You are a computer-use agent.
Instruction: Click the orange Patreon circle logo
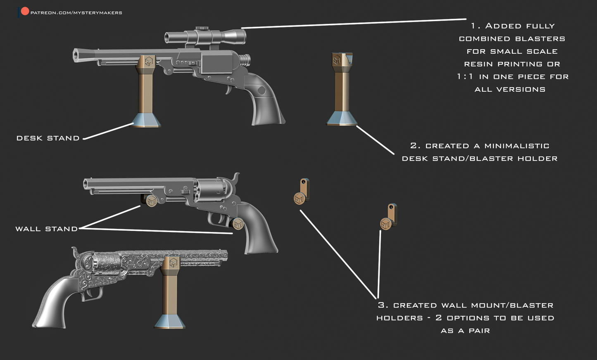(25, 11)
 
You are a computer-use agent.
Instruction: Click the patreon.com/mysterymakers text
(76, 13)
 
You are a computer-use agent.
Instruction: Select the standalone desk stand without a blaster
(342, 89)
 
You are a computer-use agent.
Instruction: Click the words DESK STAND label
(48, 138)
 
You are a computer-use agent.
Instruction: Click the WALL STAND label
(46, 229)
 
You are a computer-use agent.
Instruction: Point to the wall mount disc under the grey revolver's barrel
(152, 201)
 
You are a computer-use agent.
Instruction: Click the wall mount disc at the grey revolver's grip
(238, 224)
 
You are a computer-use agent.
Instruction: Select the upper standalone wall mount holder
(302, 192)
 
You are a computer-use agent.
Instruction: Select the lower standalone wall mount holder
(388, 218)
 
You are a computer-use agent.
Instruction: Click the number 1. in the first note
(476, 26)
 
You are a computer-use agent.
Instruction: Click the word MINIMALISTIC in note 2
(516, 146)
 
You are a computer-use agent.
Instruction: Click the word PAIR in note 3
(479, 331)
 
